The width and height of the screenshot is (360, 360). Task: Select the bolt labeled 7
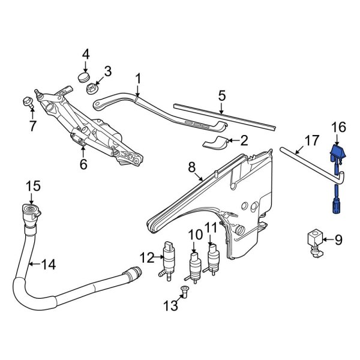[x=27, y=102]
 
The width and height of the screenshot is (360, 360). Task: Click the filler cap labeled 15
[x=30, y=211]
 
